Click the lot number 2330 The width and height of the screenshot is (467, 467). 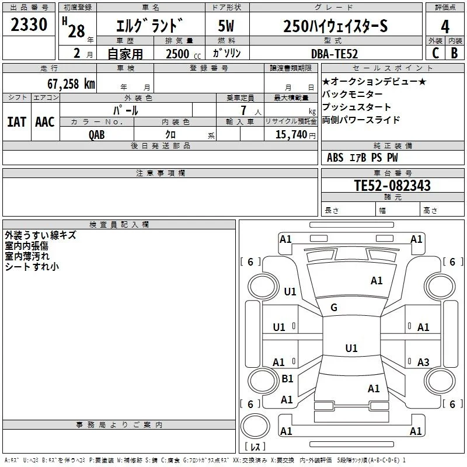pos(29,25)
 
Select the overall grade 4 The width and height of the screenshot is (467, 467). pos(445,27)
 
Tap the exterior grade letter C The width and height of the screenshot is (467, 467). pos(435,53)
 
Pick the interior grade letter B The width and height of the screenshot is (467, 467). pos(454,53)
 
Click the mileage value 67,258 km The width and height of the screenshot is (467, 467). pos(71,84)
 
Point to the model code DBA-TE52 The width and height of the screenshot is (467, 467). pos(334,54)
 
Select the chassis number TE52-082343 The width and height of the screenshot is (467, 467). pos(392,186)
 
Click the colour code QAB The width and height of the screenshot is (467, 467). pos(97,135)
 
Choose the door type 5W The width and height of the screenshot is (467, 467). pos(226,26)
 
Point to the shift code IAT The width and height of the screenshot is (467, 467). pos(17,122)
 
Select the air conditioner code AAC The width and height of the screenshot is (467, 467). pos(45,122)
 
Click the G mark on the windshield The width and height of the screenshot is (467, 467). pos(334,308)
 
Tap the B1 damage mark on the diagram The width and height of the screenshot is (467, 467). pos(287,378)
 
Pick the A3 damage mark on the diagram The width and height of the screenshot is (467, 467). pos(423,362)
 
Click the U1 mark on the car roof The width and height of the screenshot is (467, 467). pos(351,348)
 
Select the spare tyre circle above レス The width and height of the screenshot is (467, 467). pos(255,426)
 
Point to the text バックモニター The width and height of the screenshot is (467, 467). pos(352,95)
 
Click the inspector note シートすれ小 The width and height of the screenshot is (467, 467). pos(32,267)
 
